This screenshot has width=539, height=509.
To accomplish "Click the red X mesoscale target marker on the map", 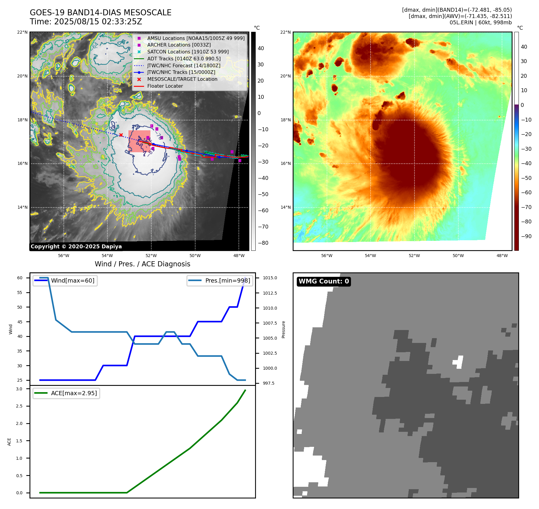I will (x=121, y=135).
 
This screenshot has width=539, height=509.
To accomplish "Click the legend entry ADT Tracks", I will (x=183, y=59).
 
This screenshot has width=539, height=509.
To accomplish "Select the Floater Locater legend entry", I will (x=165, y=86).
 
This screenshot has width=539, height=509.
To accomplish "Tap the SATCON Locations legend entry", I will (x=188, y=52).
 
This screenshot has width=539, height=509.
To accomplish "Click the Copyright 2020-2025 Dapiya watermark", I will (x=76, y=247).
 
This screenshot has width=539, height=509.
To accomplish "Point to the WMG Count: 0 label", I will (x=324, y=281).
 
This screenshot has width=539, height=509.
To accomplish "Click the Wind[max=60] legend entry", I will (x=72, y=281).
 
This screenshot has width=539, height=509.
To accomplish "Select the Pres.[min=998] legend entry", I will (x=227, y=281).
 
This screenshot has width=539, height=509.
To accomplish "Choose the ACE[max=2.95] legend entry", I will (x=74, y=393).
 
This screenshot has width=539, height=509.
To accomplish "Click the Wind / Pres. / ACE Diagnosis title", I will (x=143, y=264).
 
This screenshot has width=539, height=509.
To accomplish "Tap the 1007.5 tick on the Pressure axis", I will (x=270, y=323).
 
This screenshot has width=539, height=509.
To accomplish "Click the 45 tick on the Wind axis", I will (x=20, y=322).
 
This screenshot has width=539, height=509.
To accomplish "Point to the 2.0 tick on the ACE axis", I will (x=19, y=424).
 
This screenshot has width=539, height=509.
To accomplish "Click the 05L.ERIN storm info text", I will (x=480, y=23).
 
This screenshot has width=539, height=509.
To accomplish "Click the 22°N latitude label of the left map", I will (x=22, y=32).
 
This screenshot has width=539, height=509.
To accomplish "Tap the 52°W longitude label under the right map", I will (x=414, y=256).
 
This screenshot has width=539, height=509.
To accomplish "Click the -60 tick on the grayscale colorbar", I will (x=263, y=211).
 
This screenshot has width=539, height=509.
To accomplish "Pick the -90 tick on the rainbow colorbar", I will (x=526, y=236).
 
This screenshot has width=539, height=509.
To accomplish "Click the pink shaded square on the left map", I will (x=139, y=141).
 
